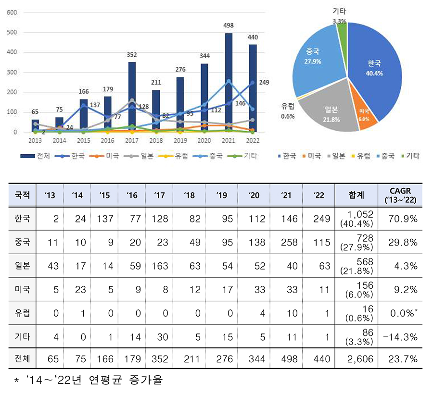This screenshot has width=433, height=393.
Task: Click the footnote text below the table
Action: (x=89, y=381)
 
